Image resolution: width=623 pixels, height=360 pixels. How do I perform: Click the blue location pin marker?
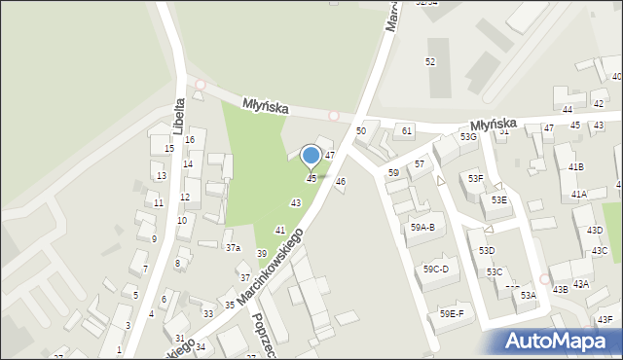(311, 156)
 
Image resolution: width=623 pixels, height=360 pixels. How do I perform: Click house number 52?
(429, 61)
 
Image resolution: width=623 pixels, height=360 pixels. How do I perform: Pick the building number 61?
(407, 130)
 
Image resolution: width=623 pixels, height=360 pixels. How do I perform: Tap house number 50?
(361, 130)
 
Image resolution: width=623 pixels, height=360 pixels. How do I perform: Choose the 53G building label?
(469, 137)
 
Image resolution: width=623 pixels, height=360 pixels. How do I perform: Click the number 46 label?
(341, 182)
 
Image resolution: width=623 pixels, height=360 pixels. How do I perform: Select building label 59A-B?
(421, 228)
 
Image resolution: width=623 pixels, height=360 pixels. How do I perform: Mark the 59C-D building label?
(435, 270)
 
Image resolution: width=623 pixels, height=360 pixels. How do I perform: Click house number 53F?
(475, 179)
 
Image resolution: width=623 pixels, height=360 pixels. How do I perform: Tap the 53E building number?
(498, 199)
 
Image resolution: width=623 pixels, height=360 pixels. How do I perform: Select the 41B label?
(577, 167)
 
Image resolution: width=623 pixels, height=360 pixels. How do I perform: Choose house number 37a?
(234, 248)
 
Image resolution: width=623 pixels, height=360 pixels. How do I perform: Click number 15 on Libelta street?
(169, 149)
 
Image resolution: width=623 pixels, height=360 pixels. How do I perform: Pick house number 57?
(420, 164)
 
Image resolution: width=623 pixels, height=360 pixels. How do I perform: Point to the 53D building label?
(487, 251)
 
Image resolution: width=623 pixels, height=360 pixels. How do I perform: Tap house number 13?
(162, 176)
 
